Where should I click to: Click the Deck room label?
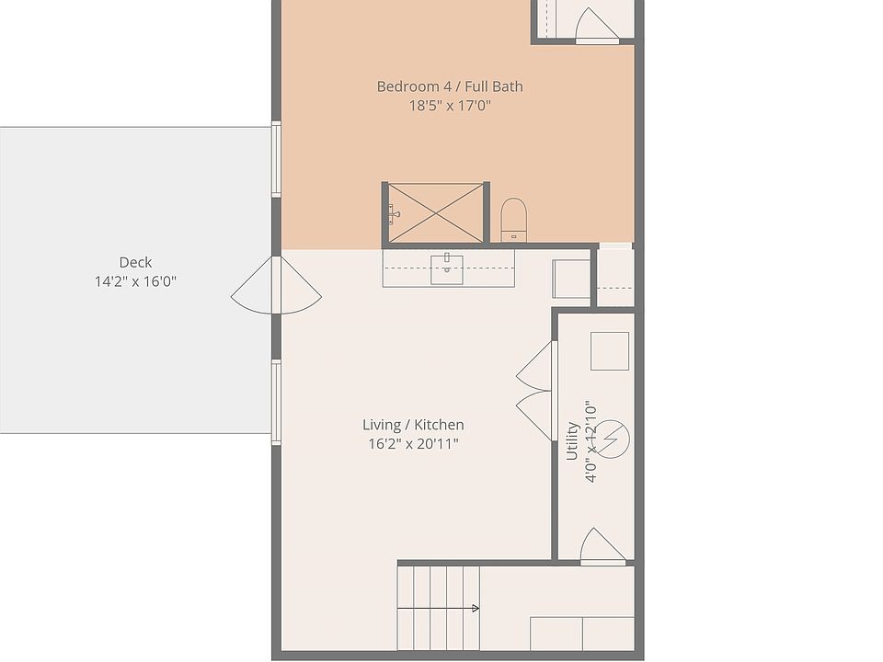click(135, 262)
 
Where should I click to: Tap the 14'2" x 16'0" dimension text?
click(135, 281)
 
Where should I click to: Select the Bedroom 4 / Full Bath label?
click(450, 86)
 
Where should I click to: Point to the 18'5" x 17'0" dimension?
click(450, 106)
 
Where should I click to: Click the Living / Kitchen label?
click(413, 425)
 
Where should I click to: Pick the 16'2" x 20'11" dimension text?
click(413, 444)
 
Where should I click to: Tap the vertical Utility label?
click(572, 441)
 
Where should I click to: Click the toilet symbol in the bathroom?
click(514, 219)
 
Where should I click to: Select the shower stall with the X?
click(434, 213)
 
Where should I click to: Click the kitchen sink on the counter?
click(447, 269)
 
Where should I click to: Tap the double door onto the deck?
click(276, 285)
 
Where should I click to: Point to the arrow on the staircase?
click(474, 608)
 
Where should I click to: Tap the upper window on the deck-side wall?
click(275, 158)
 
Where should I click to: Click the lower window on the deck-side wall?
click(275, 397)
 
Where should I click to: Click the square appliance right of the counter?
click(571, 278)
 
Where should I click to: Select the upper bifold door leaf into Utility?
click(537, 366)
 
